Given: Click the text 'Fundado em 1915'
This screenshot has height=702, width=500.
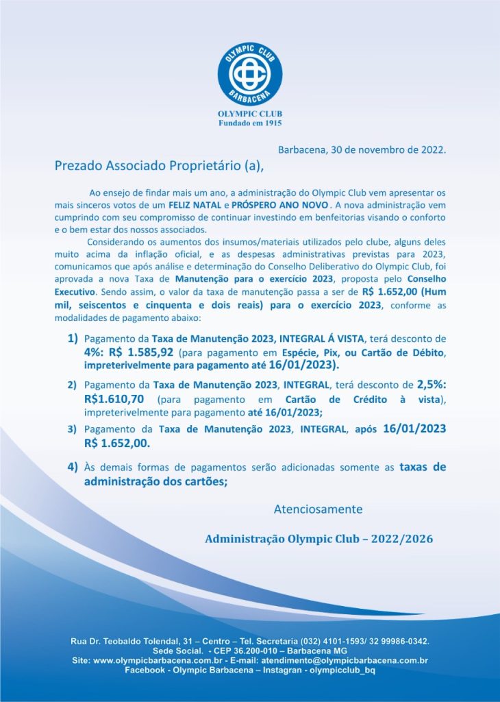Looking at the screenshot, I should click(250, 123).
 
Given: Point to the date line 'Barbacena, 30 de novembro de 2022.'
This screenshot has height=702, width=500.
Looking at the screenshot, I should click(362, 149).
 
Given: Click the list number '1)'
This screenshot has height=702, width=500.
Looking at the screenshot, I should click(73, 339).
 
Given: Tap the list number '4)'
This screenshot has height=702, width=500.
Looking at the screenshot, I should click(73, 467).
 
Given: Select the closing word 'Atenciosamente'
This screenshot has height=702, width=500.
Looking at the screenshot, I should click(318, 509).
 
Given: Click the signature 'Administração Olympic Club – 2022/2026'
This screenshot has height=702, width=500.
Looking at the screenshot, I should click(318, 539).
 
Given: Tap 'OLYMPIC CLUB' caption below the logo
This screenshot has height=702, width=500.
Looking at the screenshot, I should click(250, 114).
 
